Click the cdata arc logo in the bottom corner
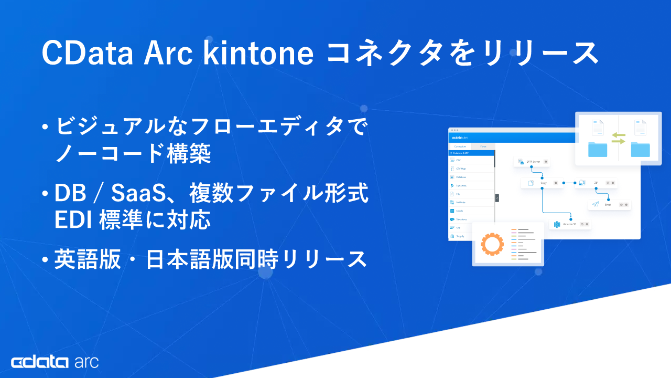point(55,362)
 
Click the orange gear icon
point(492,244)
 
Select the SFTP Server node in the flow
point(532,162)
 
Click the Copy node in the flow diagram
point(540,183)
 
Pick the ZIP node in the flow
point(595,183)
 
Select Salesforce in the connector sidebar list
point(461,219)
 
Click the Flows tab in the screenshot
point(483,146)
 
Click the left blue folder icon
point(598,149)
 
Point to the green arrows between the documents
point(619,138)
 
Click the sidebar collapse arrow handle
point(497,198)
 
